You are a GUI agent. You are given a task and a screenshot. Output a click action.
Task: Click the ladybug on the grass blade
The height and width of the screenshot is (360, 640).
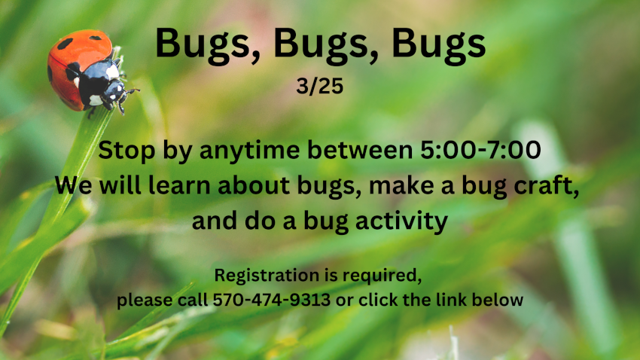87,71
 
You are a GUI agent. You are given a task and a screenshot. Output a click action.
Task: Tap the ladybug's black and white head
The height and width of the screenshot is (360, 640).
116,91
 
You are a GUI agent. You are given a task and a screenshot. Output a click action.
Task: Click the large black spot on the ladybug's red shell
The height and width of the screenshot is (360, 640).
66,43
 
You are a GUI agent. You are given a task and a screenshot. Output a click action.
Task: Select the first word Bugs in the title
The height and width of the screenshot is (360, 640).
208,44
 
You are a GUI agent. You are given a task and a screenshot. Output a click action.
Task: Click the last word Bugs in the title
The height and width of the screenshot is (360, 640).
438,44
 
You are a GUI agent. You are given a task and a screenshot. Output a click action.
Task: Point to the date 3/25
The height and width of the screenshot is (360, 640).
319,86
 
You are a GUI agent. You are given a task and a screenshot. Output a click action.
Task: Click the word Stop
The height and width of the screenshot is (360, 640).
127,151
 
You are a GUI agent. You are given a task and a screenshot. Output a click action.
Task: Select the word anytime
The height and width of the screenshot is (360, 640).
249,151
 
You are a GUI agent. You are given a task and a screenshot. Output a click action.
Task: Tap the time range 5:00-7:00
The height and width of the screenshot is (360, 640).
480,149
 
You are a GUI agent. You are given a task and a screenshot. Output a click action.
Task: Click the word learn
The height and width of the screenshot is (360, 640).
178,185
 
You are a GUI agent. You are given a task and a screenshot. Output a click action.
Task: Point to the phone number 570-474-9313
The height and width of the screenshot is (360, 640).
271,300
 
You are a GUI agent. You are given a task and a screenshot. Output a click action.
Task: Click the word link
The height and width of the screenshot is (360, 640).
452,300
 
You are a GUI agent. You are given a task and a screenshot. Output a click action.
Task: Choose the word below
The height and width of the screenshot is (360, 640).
498,300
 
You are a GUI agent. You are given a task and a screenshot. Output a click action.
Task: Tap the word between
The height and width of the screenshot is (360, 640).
360,150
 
